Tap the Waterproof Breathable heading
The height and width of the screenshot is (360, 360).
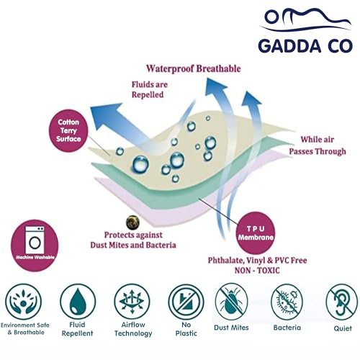194,68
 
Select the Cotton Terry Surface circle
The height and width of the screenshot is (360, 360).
68,130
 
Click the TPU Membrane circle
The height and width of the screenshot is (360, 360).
256,233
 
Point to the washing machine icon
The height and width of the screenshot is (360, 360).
35,240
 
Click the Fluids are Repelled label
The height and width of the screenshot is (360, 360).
150,89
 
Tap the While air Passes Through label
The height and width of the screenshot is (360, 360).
318,145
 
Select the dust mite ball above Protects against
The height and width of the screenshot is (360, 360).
132,222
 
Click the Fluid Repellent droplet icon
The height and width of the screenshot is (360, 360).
78,302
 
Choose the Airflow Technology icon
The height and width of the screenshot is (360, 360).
132,302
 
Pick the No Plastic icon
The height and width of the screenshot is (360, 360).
186,302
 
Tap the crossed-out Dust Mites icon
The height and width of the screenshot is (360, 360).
231,302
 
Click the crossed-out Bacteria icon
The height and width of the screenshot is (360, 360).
287,302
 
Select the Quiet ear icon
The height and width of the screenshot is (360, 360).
342,302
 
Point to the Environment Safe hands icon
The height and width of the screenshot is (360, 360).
23,302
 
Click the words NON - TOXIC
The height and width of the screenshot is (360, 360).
257,271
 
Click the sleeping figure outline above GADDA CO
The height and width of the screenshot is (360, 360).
306,19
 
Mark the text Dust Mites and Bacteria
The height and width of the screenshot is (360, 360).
133,245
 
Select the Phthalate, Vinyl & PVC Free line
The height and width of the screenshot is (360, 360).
257,260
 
